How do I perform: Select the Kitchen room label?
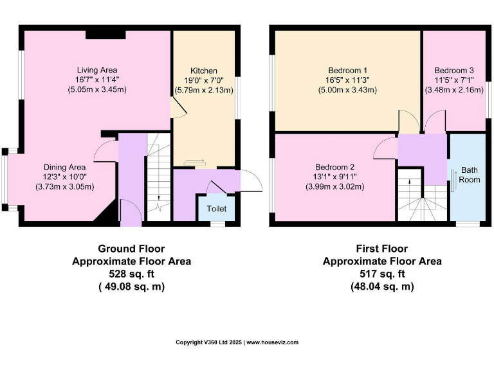click(203, 71)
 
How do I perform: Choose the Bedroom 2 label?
click(334, 167)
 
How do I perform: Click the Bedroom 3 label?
click(454, 71)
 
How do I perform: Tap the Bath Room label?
click(470, 175)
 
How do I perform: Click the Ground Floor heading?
click(131, 249)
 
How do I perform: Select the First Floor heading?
click(381, 249)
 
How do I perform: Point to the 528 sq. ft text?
click(131, 274)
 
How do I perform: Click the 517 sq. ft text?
click(381, 274)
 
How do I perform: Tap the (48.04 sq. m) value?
click(381, 287)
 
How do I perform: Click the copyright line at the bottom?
click(237, 342)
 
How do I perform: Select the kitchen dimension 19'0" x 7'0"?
click(203, 80)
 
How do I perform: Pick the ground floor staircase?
click(158, 177)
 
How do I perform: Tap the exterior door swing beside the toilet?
click(252, 181)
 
